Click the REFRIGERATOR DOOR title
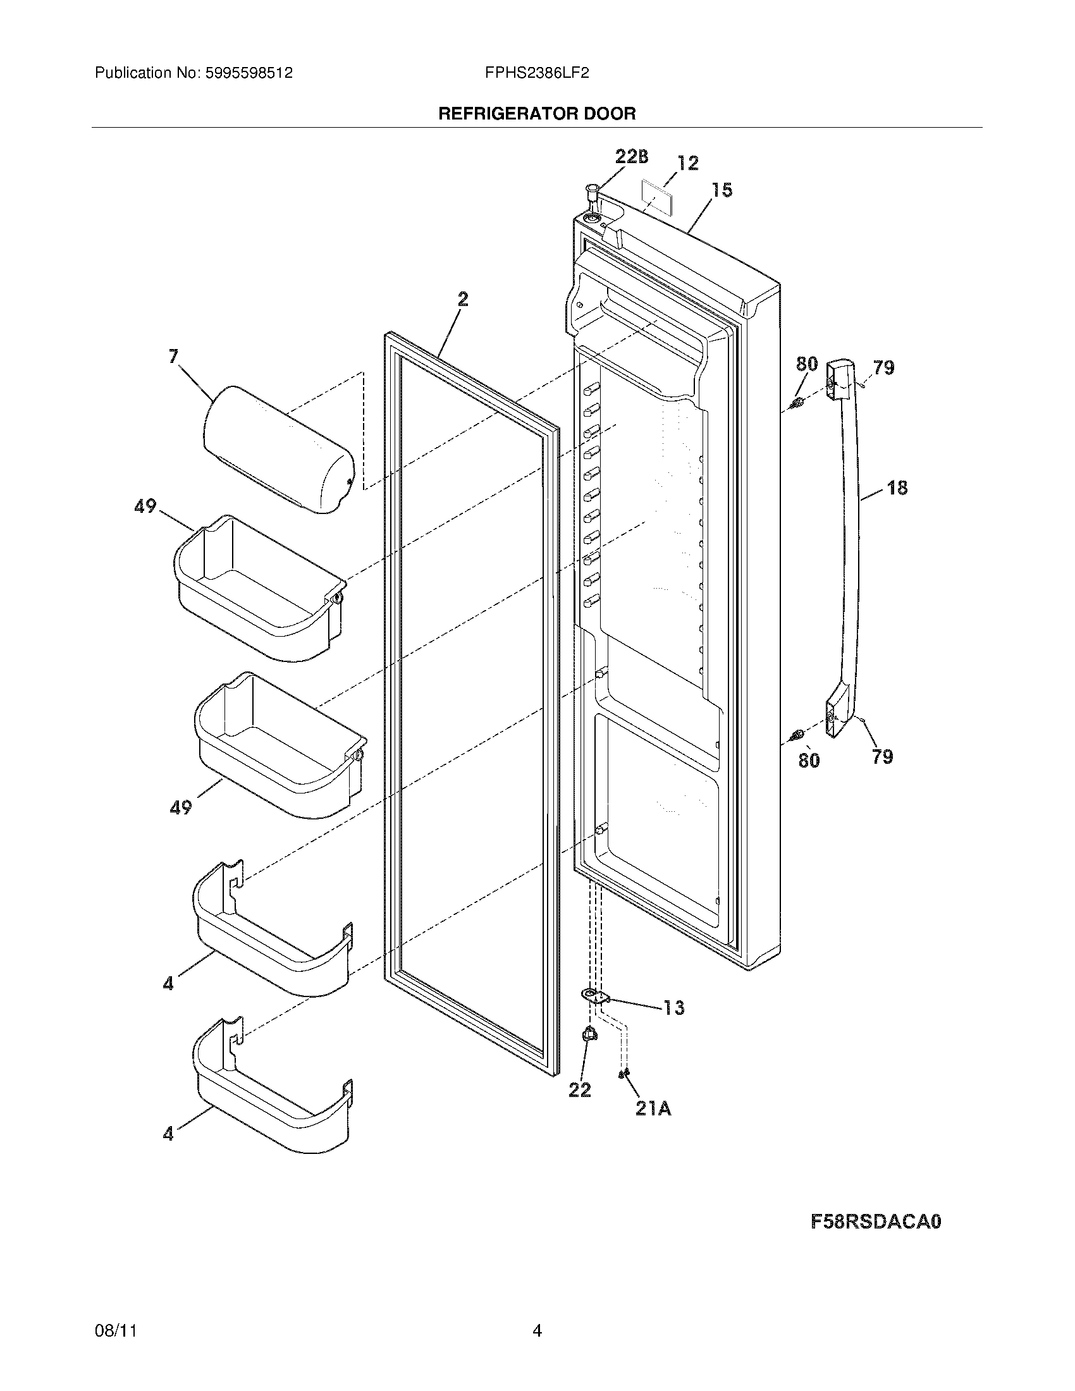pos(537,114)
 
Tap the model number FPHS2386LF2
pos(537,73)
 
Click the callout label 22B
pos(631,157)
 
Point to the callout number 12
pos(687,163)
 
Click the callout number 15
pos(722,190)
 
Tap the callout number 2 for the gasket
pos(463,299)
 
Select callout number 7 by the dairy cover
pos(173,357)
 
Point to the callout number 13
pos(674,1008)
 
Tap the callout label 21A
pos(653,1109)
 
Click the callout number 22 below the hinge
pos(579,1090)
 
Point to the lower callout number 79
pos(882,757)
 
